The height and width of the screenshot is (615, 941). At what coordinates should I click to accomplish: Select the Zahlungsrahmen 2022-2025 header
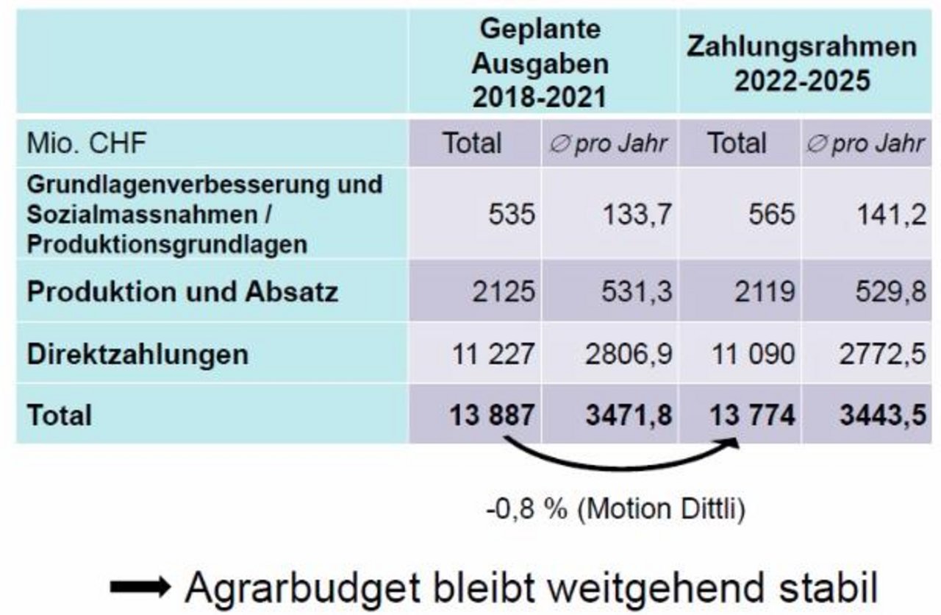pos(802,63)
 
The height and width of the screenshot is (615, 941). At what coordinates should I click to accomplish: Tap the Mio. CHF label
pos(87,143)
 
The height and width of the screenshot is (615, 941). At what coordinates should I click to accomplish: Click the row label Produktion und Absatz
pos(182,292)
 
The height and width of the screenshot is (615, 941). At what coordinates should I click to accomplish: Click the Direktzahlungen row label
pos(137,355)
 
